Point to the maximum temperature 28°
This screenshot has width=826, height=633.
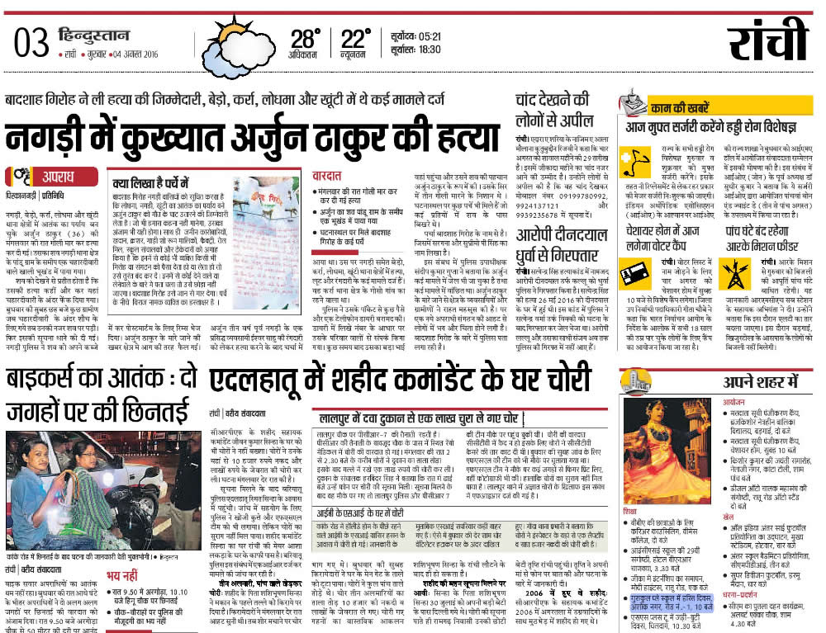[x=305, y=38]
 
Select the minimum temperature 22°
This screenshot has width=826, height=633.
[x=356, y=38]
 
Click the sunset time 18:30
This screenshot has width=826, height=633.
[x=427, y=50]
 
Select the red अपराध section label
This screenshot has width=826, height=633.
[x=55, y=177]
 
